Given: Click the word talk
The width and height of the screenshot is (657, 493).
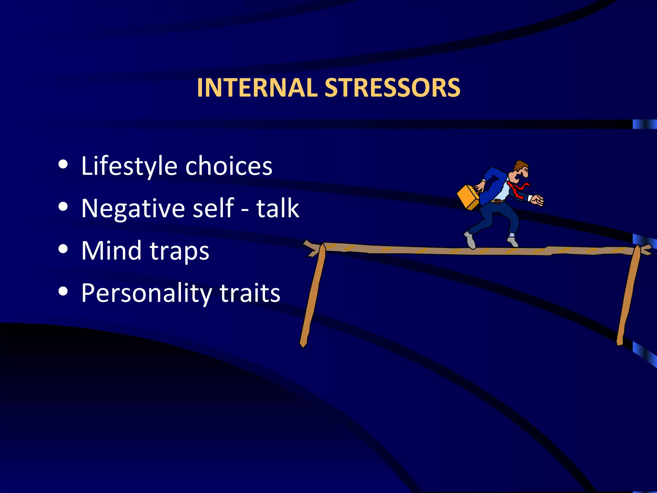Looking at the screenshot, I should coord(277,208).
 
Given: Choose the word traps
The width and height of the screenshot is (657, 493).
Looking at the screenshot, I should coord(179,252).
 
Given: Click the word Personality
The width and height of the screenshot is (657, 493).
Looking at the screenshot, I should coord(146,293).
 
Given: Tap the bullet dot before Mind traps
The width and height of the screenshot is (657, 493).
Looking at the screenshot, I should coord(63,249).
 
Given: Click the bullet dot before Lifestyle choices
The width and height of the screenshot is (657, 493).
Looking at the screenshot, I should coord(63,164).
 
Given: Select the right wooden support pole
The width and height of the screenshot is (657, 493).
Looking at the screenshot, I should coord(628,295).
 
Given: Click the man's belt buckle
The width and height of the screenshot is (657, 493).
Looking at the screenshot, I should coord(497,202).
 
